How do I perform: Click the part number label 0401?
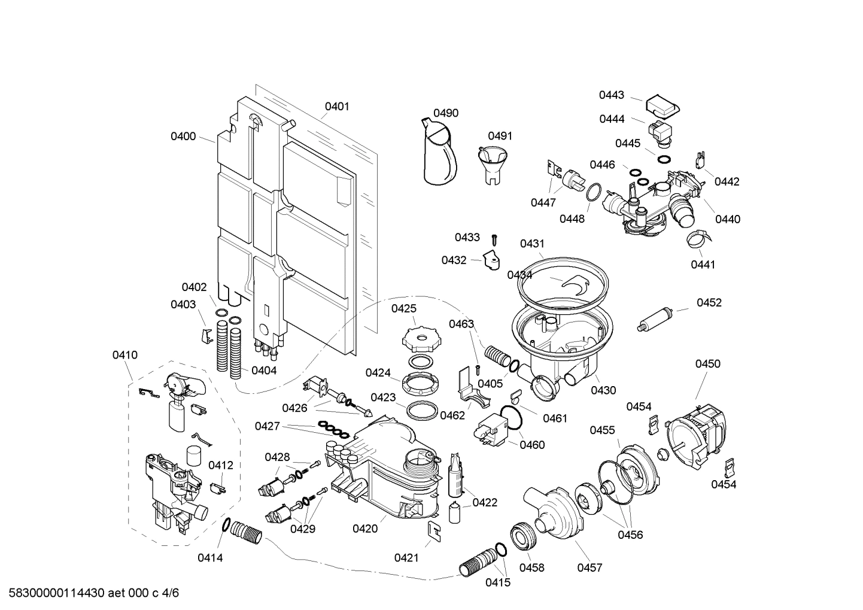click(x=337, y=107)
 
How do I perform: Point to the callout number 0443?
click(x=612, y=95)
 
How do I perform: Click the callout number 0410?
click(x=124, y=355)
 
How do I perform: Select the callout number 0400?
click(x=183, y=136)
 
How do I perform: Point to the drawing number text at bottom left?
click(x=90, y=593)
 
